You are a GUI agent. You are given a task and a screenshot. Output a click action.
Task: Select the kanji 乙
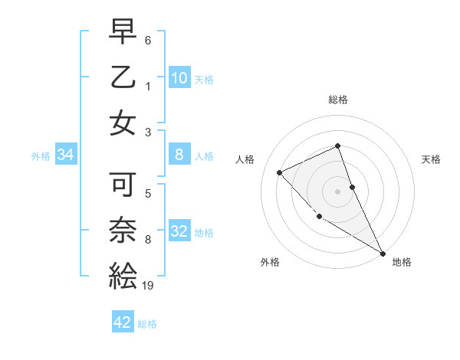123,79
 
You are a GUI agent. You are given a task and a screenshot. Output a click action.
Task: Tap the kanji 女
123,123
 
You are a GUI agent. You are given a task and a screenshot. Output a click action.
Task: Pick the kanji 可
123,185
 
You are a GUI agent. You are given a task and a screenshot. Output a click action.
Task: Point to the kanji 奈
123,229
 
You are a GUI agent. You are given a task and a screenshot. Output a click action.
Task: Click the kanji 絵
123,273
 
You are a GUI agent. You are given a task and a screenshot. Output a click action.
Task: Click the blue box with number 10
179,77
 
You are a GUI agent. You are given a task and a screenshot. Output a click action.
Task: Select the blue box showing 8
179,155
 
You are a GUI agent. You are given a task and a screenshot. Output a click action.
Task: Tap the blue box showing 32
179,231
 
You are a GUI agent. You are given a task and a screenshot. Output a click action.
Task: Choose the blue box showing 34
66,155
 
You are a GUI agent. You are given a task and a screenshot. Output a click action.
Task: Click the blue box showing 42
123,322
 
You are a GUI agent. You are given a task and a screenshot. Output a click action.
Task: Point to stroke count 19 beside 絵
149,286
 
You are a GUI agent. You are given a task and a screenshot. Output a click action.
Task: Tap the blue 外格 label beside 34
41,156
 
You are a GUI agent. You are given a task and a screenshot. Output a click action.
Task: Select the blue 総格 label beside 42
147,324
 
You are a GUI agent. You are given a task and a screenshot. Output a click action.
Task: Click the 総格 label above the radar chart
337,100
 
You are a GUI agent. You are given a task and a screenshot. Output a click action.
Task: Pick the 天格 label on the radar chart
431,159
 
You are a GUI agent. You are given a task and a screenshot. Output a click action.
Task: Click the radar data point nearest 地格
382,253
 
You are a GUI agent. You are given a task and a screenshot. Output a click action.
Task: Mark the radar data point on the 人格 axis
280,172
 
